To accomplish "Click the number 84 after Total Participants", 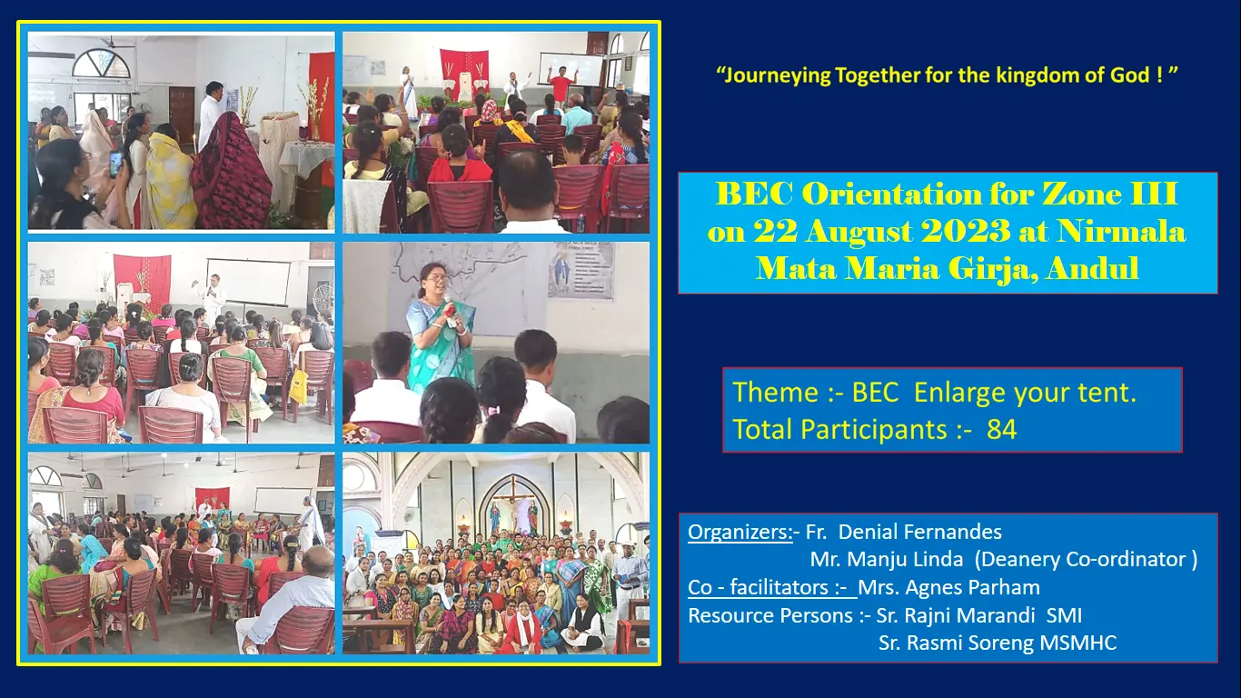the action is [x=1002, y=430].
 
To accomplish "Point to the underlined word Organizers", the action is [x=740, y=532].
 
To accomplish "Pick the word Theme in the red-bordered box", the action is [x=776, y=393].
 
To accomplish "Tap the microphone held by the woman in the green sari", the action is [x=450, y=311].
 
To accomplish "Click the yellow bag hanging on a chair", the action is [x=299, y=386].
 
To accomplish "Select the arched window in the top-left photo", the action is [x=102, y=64].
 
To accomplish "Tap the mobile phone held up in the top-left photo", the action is [x=115, y=163].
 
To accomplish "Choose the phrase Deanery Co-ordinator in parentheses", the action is [x=1086, y=559].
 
